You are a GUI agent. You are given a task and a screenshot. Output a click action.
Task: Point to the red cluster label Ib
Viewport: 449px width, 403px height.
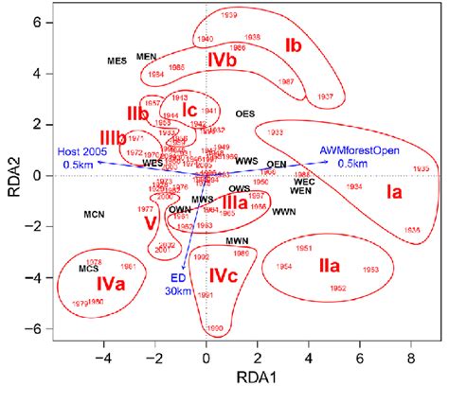[x=294, y=45]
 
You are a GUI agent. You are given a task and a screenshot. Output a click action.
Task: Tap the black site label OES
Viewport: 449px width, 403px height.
[x=244, y=113]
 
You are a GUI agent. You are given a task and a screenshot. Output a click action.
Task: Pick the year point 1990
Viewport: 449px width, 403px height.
[x=215, y=328]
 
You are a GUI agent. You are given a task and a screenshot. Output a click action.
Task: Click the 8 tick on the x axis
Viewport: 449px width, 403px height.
[x=410, y=360]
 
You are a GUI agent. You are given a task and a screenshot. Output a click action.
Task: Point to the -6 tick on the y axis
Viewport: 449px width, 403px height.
[x=35, y=329]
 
